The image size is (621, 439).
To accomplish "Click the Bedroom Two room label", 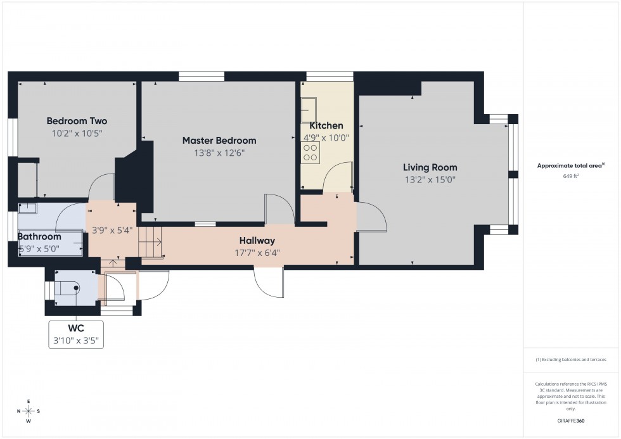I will click(x=77, y=121).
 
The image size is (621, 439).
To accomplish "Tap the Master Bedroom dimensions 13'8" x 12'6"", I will click(x=219, y=153).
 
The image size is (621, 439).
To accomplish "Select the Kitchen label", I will click(x=326, y=125).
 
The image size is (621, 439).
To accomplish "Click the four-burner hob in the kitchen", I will click(x=311, y=151).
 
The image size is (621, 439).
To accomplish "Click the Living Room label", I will click(x=430, y=168).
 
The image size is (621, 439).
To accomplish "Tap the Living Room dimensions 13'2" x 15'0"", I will click(x=430, y=179).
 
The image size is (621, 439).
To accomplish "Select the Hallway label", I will click(x=257, y=241).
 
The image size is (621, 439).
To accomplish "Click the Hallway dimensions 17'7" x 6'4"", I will click(x=257, y=252).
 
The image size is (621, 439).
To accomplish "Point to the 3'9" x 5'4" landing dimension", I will click(x=112, y=230).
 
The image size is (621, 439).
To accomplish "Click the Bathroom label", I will click(x=39, y=236).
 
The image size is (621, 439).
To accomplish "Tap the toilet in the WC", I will click(x=70, y=288).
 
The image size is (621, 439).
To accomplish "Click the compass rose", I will click(x=29, y=411).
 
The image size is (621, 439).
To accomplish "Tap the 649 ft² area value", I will click(x=571, y=176).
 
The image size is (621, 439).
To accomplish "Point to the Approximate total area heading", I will click(x=571, y=165).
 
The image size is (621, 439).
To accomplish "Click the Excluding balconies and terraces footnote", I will click(x=571, y=359).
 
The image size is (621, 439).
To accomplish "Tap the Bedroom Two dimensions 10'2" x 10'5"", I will click(x=77, y=133).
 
